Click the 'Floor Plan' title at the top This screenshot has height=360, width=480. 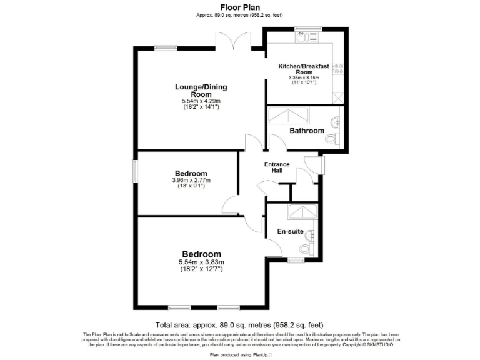click(240, 7)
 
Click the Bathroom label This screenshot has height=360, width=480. click(306, 131)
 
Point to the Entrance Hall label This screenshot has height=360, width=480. click(277, 167)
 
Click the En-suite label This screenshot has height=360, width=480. click(290, 231)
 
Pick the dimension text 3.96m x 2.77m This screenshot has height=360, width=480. click(191, 181)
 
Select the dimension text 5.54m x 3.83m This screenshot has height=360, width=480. click(201, 262)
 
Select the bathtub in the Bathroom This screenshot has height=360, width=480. click(288, 115)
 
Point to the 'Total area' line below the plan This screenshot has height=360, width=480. click(239, 325)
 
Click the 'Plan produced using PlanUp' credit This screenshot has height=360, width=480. click(240, 354)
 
